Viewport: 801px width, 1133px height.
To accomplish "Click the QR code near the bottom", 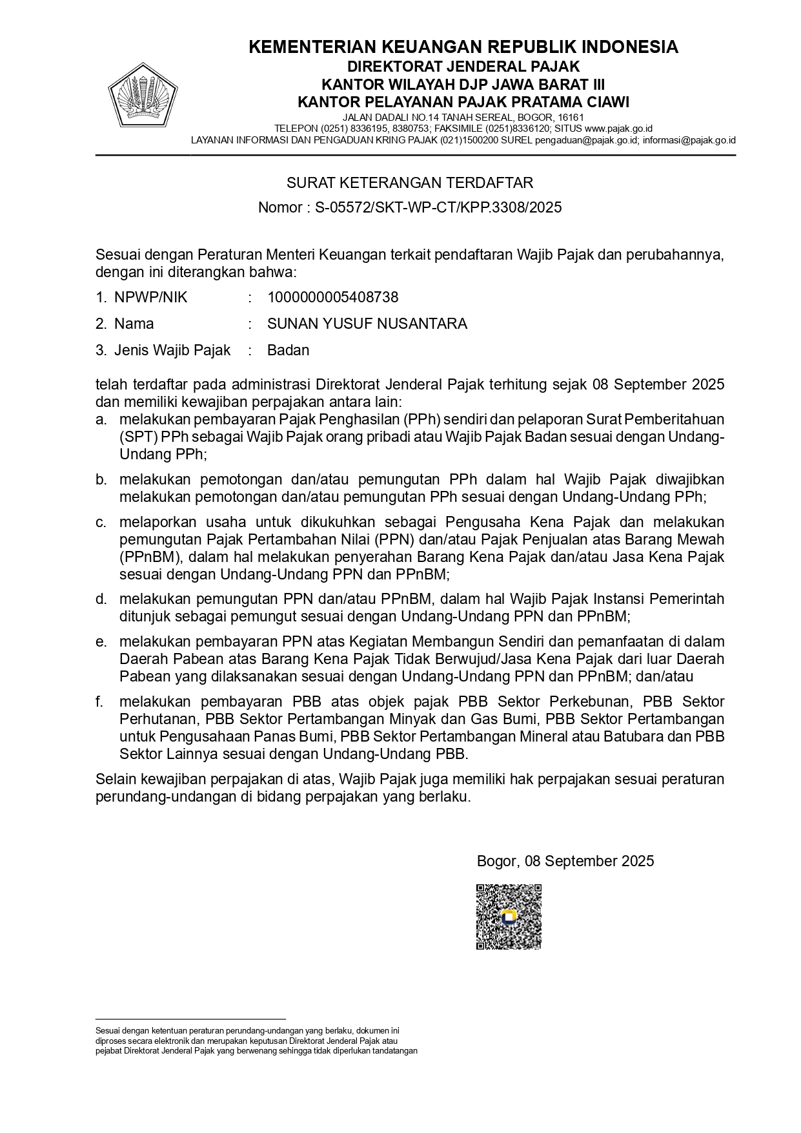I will click(509, 917).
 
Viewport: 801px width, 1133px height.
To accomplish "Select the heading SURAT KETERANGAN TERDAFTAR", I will click(410, 183).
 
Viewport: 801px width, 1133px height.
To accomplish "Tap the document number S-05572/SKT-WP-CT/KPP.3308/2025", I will click(438, 208).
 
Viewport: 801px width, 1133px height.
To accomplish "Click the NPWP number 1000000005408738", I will click(333, 298).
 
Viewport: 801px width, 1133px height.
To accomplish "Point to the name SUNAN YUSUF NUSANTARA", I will click(367, 324).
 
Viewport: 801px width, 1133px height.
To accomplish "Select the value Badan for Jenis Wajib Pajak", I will click(289, 351).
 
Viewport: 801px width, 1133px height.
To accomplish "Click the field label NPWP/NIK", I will click(150, 298).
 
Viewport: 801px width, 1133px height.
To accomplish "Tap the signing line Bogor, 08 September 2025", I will click(565, 861).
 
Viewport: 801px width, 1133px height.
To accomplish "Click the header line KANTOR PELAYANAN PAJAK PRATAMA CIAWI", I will click(463, 102).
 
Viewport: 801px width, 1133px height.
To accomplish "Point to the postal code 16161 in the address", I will click(571, 118).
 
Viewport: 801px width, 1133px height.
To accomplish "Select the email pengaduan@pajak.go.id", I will click(587, 140).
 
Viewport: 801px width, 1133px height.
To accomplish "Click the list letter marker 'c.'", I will click(101, 522).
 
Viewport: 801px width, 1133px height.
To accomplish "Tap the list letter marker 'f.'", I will click(100, 702).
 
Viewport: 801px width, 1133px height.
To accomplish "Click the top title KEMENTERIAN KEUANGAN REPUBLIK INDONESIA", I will click(463, 47).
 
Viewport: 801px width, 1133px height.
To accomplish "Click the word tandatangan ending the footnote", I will click(396, 1050).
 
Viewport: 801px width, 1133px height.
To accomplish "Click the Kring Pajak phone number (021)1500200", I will click(469, 140).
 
